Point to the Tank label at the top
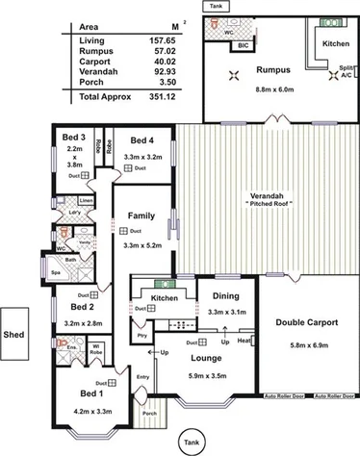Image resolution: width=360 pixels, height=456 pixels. pyautogui.click(x=213, y=5)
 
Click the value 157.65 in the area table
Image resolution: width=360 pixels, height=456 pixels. pyautogui.click(x=176, y=40)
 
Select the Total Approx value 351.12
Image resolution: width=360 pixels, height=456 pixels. pyautogui.click(x=176, y=98)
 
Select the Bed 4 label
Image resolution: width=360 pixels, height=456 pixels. pyautogui.click(x=142, y=139)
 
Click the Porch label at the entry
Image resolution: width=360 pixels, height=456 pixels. pyautogui.click(x=149, y=414)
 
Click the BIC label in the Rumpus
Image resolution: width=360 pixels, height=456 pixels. pyautogui.click(x=243, y=44)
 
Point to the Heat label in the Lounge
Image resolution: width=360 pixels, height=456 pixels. pyautogui.click(x=244, y=341)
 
